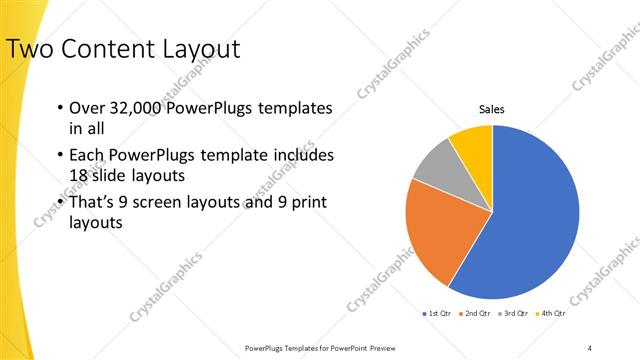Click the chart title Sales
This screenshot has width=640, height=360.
pos(491,109)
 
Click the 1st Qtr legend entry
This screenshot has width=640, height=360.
pos(436,314)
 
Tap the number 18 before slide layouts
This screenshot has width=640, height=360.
pos(78,175)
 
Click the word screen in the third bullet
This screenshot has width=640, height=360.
pos(170,203)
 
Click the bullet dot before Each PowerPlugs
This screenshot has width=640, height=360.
pos(60,156)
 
